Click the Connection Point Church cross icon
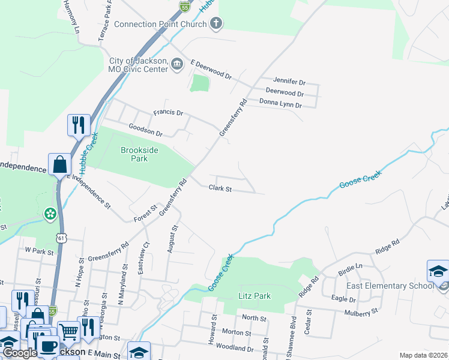click(x=217, y=24)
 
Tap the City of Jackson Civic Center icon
click(x=176, y=64)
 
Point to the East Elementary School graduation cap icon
click(x=438, y=271)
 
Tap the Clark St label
click(x=220, y=188)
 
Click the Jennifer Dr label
click(x=289, y=80)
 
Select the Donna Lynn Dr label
click(x=280, y=104)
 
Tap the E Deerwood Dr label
click(x=211, y=70)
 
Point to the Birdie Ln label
click(x=351, y=266)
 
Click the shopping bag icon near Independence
click(x=60, y=164)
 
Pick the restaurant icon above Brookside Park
click(x=79, y=125)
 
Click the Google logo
click(x=19, y=353)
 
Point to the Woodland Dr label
click(x=235, y=348)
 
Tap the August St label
click(x=174, y=239)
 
